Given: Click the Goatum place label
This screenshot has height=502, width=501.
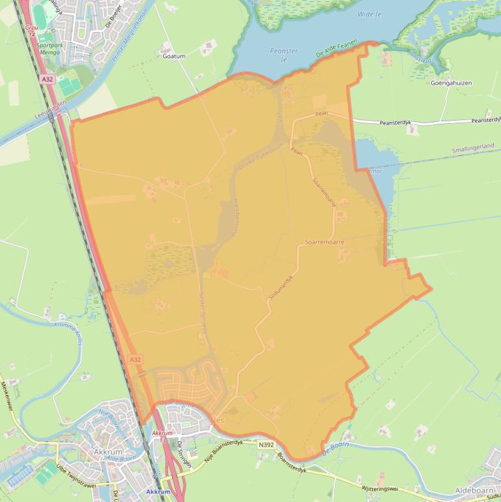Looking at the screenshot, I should (x=174, y=57).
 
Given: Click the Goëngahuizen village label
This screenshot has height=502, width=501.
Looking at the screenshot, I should (x=451, y=83).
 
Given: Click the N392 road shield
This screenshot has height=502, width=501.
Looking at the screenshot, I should (x=266, y=445).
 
